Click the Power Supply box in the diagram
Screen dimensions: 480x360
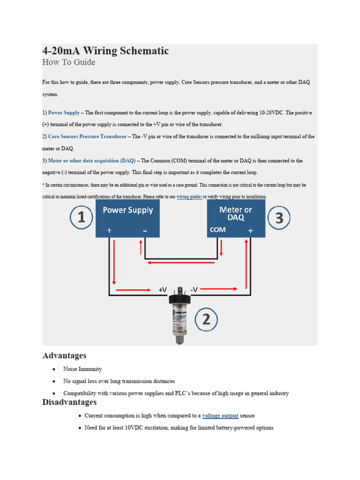coord(127,218)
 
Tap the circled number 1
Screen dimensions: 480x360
coord(82,218)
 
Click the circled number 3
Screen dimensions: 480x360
coord(279,218)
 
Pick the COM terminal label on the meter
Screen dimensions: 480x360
coord(217,230)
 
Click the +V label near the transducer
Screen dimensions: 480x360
coord(163,290)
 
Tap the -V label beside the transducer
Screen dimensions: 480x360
coord(194,290)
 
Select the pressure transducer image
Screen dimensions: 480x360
coord(179,314)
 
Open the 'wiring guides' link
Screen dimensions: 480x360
coord(189,197)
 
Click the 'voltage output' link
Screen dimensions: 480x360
coord(220,416)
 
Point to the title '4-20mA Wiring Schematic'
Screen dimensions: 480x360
coord(105,51)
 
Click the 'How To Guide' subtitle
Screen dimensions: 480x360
coord(68,62)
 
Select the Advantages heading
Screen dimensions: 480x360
coord(64,356)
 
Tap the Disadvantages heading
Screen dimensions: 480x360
coord(69,402)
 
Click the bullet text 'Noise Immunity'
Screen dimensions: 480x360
coord(82,369)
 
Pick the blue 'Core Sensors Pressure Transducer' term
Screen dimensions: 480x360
coord(87,136)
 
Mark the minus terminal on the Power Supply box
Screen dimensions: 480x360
coord(145,231)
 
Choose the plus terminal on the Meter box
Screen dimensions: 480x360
coord(250,231)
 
